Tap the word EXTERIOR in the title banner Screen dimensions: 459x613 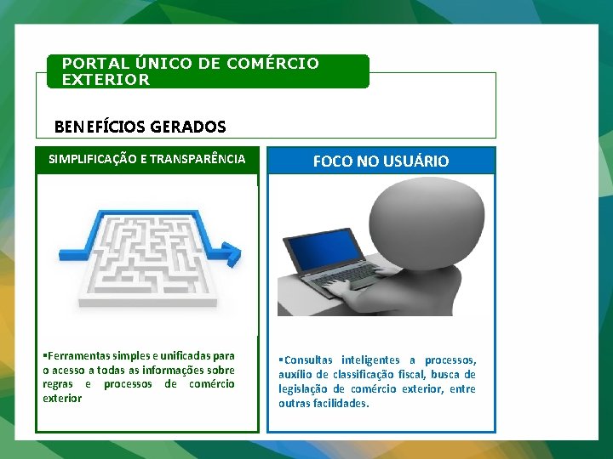pos(106,80)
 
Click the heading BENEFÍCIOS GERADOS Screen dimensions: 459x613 pos(140,127)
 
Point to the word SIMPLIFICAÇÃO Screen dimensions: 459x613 pos(95,159)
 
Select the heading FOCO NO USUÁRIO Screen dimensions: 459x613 pos(381,161)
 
